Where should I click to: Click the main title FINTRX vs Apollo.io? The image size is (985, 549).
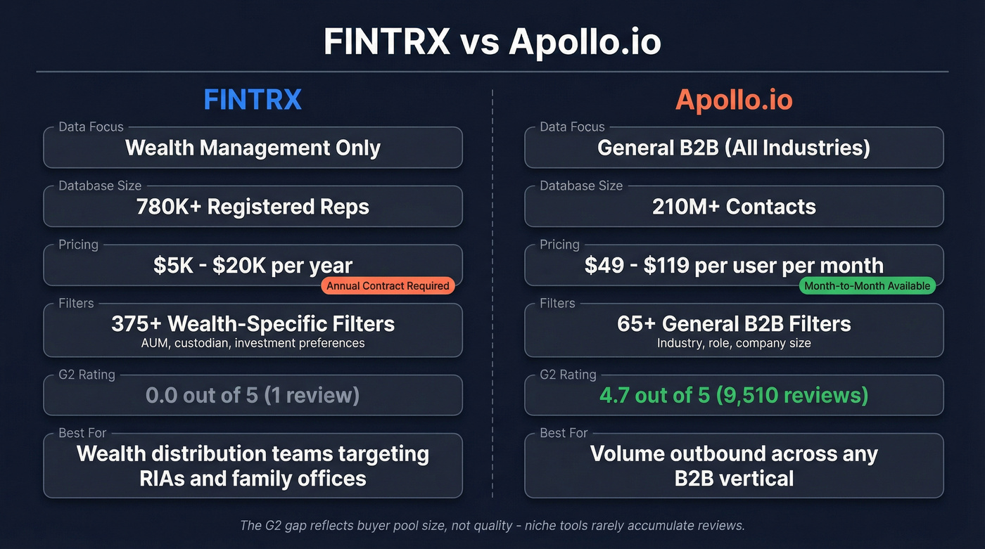[493, 41]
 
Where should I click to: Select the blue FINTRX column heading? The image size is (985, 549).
[253, 100]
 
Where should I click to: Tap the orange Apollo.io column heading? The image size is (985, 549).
[734, 100]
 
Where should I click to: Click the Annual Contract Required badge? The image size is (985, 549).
[388, 285]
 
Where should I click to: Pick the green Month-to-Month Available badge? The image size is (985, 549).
[868, 285]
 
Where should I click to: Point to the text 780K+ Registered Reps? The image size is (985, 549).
[253, 207]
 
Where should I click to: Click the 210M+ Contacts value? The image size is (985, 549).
[734, 207]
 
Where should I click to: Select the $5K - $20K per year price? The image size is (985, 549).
[253, 266]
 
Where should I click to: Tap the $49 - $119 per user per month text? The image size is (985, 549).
[734, 266]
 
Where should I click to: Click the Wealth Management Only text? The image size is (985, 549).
[253, 148]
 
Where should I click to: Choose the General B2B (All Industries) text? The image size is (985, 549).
[734, 148]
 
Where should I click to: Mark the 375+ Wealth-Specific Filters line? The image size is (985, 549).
[253, 323]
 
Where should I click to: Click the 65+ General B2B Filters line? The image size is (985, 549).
[734, 323]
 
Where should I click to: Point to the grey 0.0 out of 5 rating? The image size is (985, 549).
[253, 395]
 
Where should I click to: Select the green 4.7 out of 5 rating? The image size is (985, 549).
[734, 395]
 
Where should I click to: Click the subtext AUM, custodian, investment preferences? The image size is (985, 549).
[253, 343]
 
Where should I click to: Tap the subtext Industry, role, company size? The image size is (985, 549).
[734, 343]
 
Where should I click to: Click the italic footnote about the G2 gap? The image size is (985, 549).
[493, 525]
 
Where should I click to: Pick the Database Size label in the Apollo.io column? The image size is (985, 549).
[581, 186]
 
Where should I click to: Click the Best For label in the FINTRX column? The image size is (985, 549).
[82, 433]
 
